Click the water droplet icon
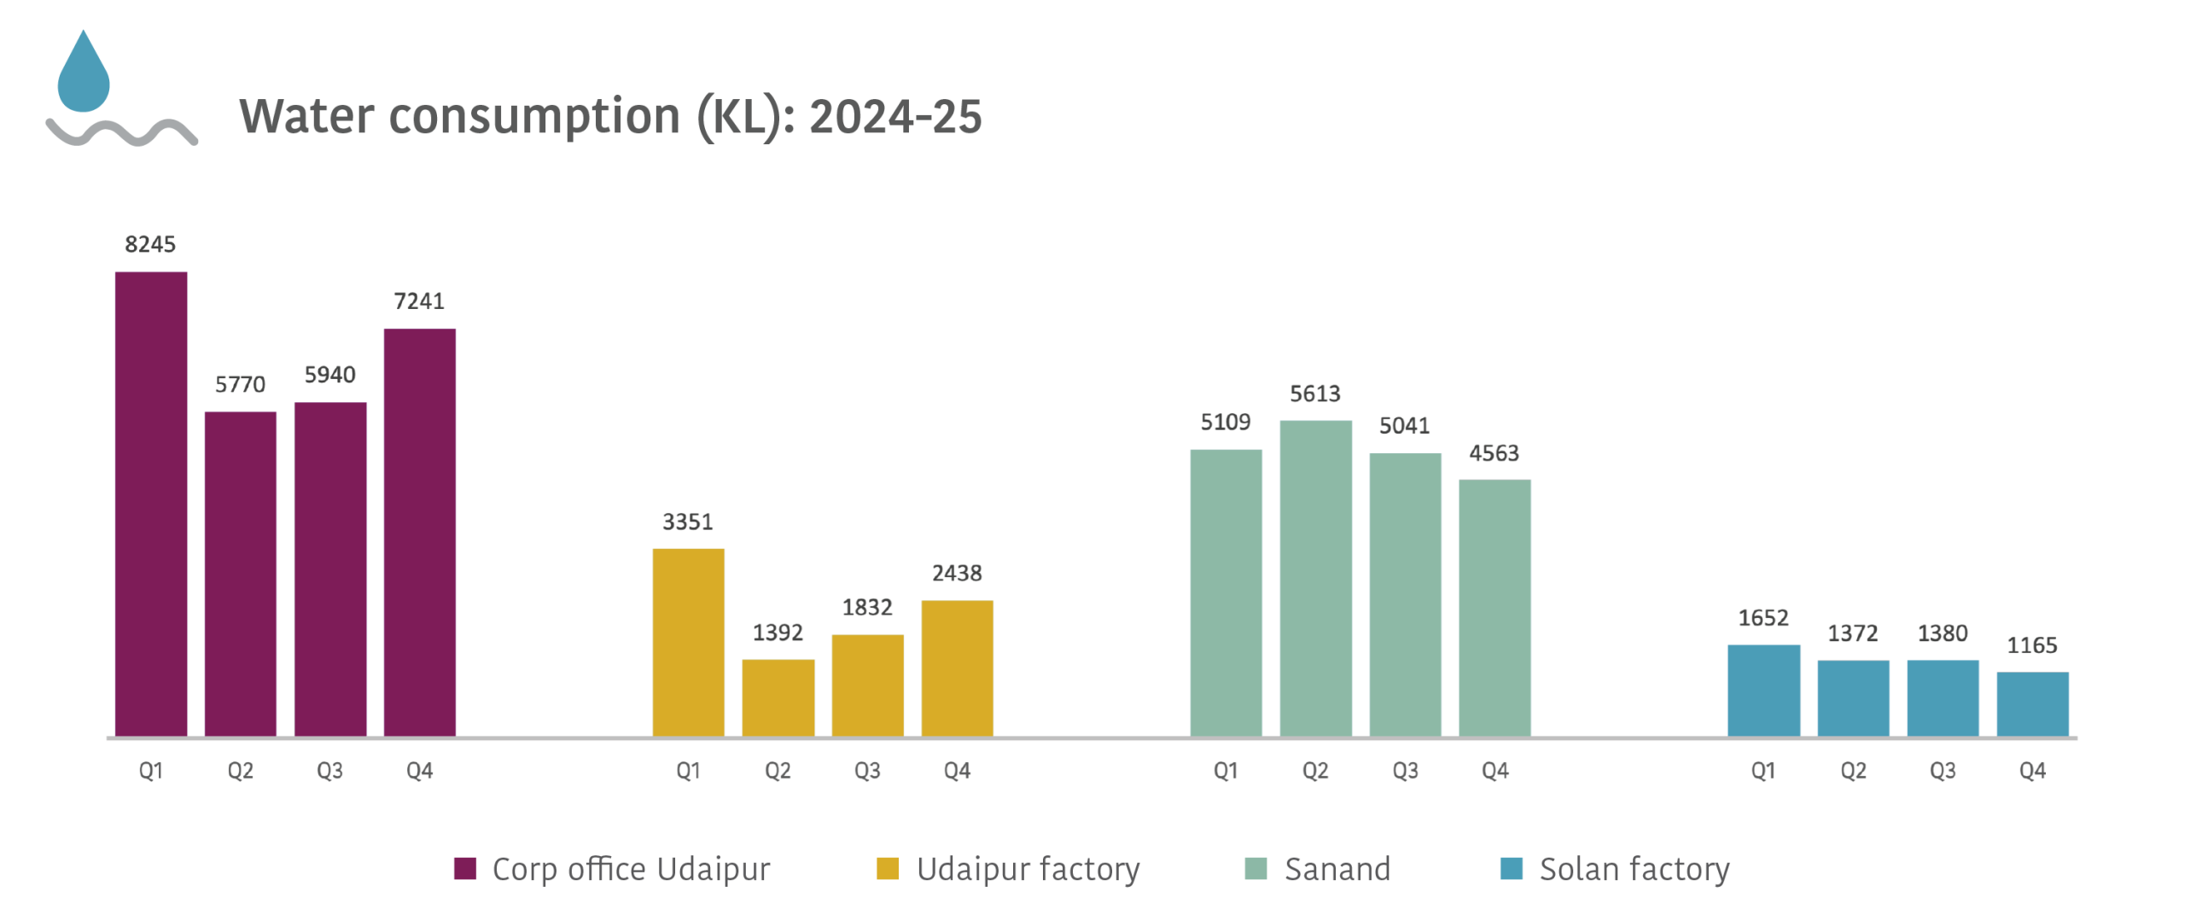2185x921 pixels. (x=84, y=75)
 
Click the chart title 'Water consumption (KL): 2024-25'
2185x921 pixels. (x=609, y=117)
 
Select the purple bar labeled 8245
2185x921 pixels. (x=151, y=504)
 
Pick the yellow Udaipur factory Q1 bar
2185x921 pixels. (x=688, y=641)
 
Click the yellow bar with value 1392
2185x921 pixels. (x=778, y=697)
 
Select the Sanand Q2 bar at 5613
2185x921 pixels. (x=1315, y=577)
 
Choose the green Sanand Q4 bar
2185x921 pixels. (x=1495, y=607)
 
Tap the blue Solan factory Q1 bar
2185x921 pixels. (x=1763, y=690)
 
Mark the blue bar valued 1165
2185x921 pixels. (x=2032, y=703)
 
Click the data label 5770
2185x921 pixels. (x=240, y=385)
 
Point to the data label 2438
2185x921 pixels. (x=957, y=574)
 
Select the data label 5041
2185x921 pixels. (x=1404, y=425)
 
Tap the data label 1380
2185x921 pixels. (x=1943, y=633)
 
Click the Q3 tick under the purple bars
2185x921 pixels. (x=329, y=772)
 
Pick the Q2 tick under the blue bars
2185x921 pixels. (x=1853, y=772)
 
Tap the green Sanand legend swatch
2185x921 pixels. (x=1256, y=869)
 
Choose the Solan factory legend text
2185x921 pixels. (x=1634, y=869)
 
